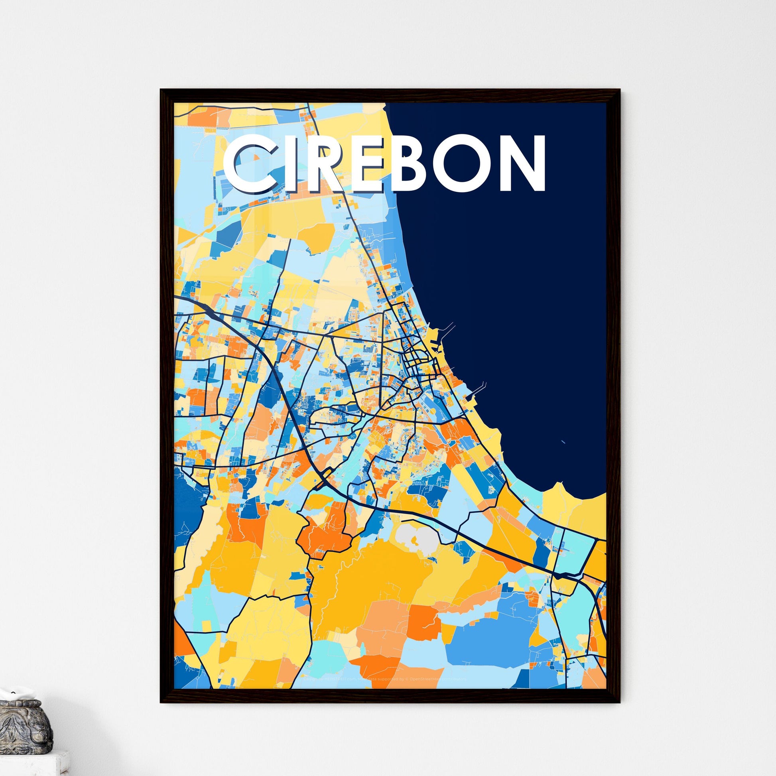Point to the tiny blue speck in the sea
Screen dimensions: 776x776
coord(563,442)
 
